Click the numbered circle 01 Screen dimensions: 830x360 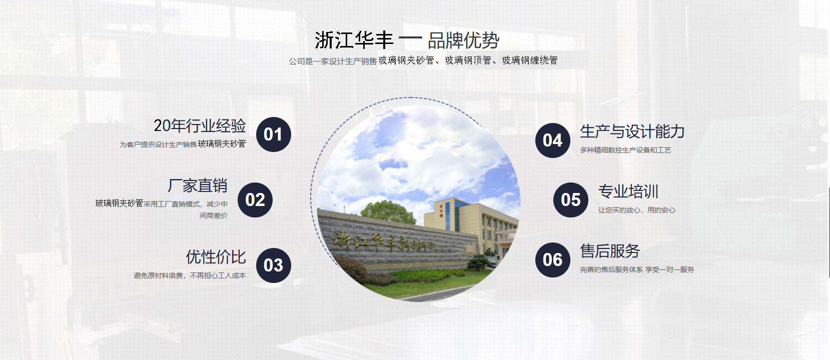[x=274, y=134]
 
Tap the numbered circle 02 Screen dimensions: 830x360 [x=255, y=200]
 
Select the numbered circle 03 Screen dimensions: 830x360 [x=274, y=265]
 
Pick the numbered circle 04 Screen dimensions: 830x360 [x=552, y=140]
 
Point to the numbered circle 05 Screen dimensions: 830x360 [x=571, y=200]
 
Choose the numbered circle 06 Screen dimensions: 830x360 [x=552, y=259]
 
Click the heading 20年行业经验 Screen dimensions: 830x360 [x=200, y=126]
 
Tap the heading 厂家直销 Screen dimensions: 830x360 [x=198, y=185]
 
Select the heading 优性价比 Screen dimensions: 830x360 [x=216, y=257]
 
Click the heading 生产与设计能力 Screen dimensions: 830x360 [x=632, y=132]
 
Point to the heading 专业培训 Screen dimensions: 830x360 [x=628, y=191]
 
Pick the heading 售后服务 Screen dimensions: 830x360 [x=610, y=251]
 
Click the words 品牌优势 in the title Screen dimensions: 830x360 [x=464, y=40]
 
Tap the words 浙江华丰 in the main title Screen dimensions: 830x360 [x=354, y=40]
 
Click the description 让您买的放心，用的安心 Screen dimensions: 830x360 [x=637, y=210]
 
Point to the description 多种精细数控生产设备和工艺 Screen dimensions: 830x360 [x=625, y=150]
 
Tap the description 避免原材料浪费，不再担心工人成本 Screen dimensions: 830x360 [x=190, y=275]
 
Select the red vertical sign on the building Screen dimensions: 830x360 [x=441, y=210]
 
